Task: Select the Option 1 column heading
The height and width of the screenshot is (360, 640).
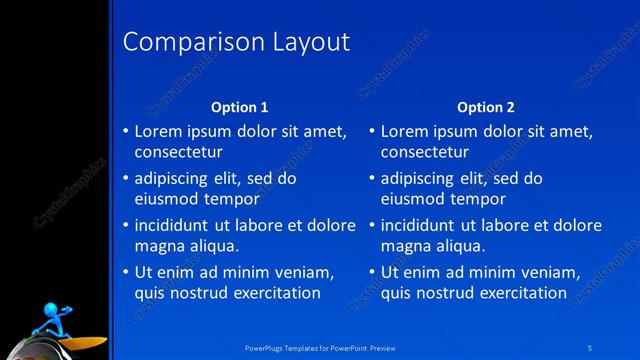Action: pos(240,107)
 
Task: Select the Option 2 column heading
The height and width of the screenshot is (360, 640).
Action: pos(486,107)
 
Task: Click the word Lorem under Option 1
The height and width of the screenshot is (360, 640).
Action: pos(160,131)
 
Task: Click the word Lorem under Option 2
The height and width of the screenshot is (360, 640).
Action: pos(407,131)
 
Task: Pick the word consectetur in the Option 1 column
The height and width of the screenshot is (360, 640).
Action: pos(178,152)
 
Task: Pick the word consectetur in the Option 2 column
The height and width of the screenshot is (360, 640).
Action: pos(425,152)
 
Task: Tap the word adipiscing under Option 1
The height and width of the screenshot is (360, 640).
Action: pos(177,178)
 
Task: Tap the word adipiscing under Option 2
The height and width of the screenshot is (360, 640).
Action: pos(424,178)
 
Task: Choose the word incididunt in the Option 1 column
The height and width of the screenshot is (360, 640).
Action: pos(177,225)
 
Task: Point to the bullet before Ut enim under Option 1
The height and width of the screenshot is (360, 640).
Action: pos(125,272)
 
